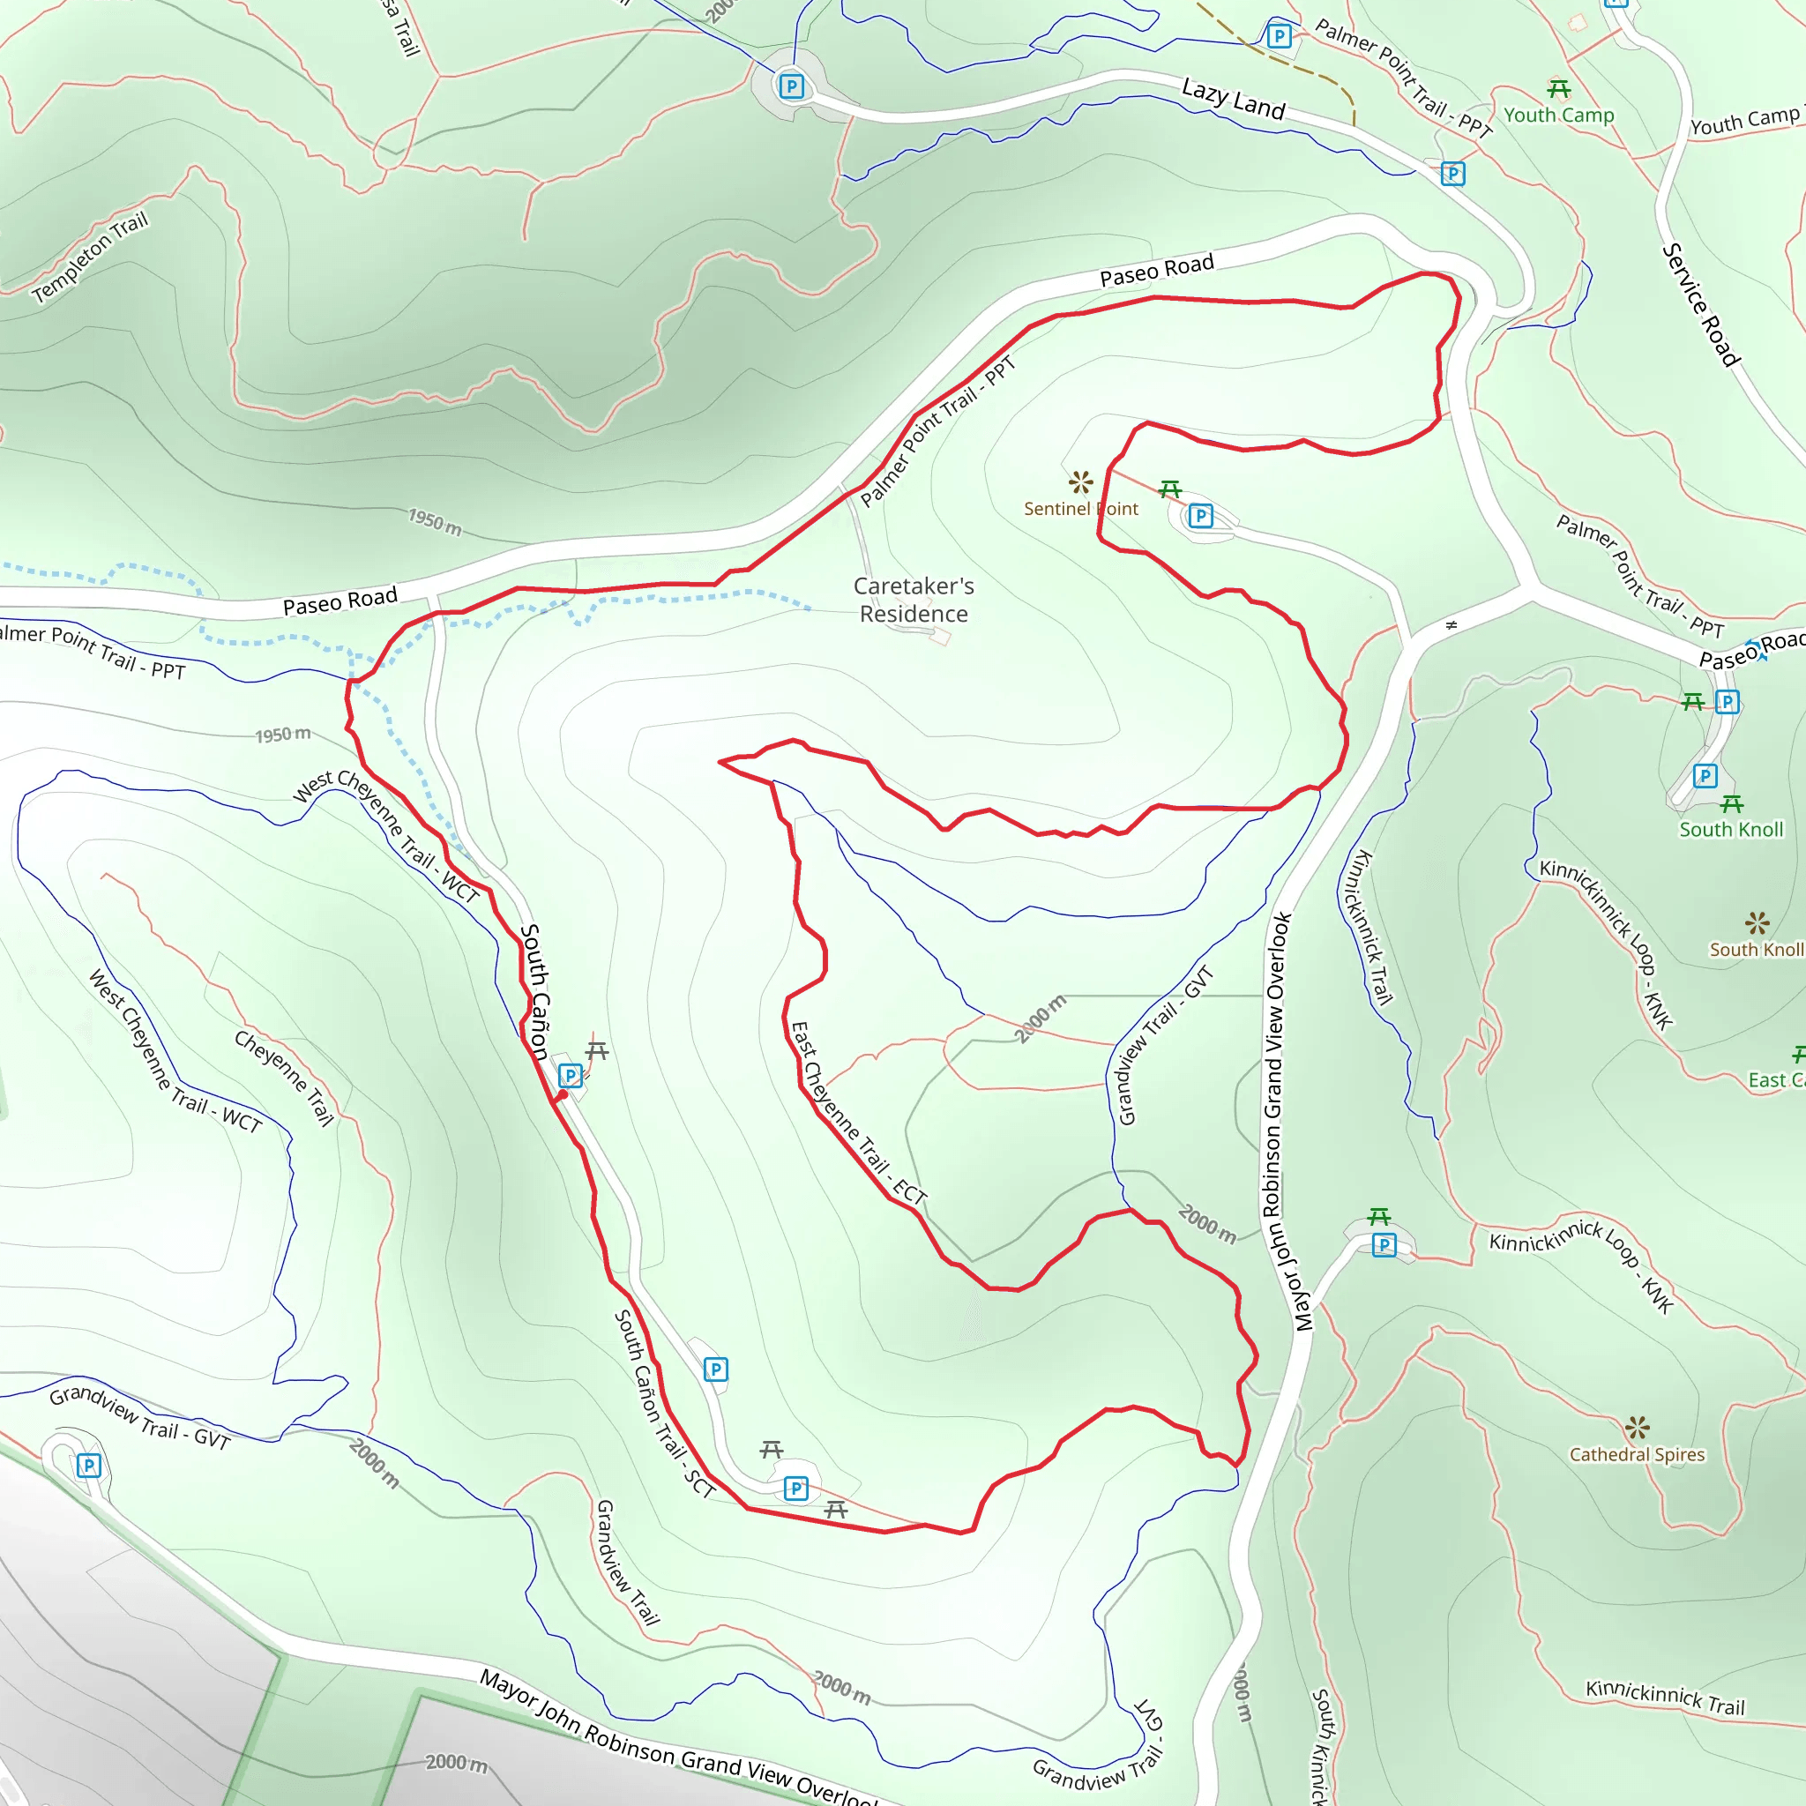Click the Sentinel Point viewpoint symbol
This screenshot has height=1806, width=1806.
(x=1080, y=482)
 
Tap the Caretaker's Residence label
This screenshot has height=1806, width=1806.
(x=914, y=599)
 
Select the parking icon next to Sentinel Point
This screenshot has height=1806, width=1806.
(x=1200, y=516)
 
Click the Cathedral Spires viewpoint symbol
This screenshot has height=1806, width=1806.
(x=1637, y=1428)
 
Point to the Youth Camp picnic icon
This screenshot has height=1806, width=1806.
(x=1558, y=90)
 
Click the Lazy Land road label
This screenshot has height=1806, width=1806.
(x=1233, y=99)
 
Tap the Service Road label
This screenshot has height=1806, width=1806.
(x=1700, y=305)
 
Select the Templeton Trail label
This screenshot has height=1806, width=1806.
(x=90, y=257)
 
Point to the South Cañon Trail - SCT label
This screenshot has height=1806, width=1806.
(x=664, y=1403)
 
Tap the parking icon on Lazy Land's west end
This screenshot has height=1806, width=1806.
(x=792, y=87)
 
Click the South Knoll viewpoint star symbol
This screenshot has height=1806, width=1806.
(x=1757, y=923)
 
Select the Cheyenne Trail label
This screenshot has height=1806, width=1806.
(x=284, y=1078)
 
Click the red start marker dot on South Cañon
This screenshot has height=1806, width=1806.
(x=563, y=1094)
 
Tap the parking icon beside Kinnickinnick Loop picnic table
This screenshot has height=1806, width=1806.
(x=1384, y=1245)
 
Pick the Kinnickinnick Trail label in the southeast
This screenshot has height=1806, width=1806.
(x=1665, y=1697)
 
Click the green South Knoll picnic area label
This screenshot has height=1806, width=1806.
(x=1730, y=829)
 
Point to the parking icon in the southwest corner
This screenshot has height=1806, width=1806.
(x=88, y=1465)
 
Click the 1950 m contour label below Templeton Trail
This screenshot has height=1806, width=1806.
(x=435, y=522)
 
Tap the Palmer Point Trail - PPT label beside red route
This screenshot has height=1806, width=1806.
(x=937, y=431)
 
